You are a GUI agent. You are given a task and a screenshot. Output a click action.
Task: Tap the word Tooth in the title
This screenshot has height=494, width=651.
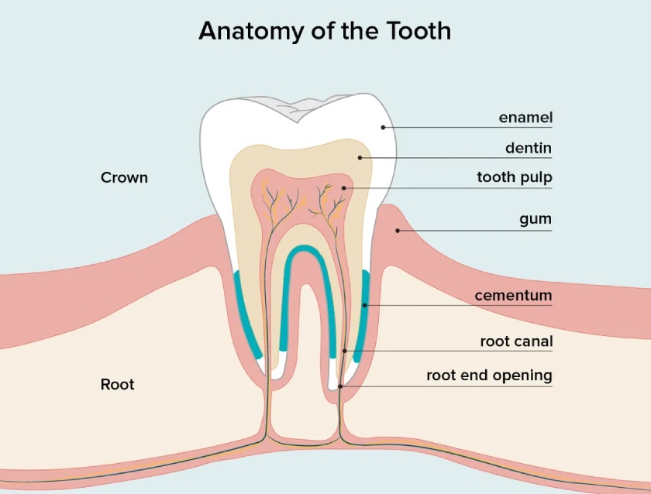coord(418,31)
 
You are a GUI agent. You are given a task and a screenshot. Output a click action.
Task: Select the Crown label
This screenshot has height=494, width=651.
coord(124,177)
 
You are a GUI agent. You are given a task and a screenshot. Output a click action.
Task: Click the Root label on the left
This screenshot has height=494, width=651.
coord(118,385)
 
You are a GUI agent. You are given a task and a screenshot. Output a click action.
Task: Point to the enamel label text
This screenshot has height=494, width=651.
coord(525,118)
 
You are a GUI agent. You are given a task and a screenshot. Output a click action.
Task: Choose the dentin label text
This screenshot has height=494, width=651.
coord(529,148)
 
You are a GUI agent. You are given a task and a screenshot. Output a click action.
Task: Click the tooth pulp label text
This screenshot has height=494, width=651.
coord(515,177)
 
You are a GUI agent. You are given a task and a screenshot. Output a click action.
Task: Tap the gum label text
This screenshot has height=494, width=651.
coord(536,219)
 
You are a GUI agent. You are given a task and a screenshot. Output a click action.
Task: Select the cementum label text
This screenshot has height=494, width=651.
coord(513,295)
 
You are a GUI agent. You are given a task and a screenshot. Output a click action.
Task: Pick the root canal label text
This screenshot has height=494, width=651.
coord(516,341)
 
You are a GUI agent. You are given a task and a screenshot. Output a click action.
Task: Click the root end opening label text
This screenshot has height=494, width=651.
coord(490,376)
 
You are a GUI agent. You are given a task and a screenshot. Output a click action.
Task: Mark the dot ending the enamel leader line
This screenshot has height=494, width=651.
coord(383,127)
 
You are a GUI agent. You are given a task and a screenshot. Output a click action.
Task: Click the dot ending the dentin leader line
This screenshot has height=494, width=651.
coord(360,158)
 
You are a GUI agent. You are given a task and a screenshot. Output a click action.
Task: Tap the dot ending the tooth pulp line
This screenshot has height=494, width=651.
coord(344,188)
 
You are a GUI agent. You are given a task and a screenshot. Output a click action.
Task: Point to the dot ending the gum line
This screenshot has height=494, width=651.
coord(398,231)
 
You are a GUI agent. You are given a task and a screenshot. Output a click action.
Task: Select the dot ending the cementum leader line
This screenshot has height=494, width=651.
coord(364,305)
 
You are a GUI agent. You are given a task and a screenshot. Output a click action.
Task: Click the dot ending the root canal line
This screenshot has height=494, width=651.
coord(345,351)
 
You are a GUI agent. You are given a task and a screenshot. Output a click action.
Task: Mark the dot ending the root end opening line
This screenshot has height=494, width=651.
coord(340,386)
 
